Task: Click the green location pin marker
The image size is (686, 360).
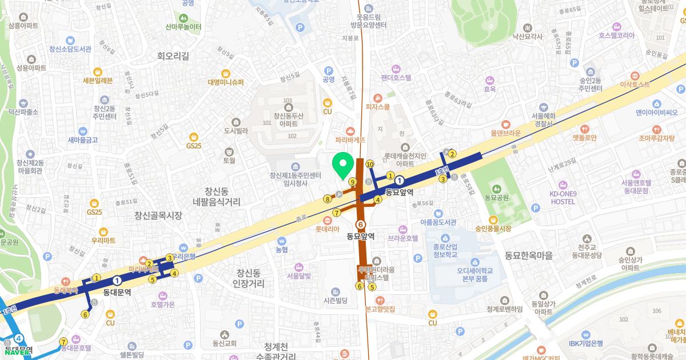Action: [x=342, y=166]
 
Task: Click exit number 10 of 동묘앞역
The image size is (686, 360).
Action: [x=370, y=164]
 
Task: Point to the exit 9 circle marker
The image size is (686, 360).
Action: [x=353, y=182]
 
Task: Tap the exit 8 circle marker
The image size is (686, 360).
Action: [x=327, y=199]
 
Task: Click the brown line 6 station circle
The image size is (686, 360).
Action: [x=360, y=225]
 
